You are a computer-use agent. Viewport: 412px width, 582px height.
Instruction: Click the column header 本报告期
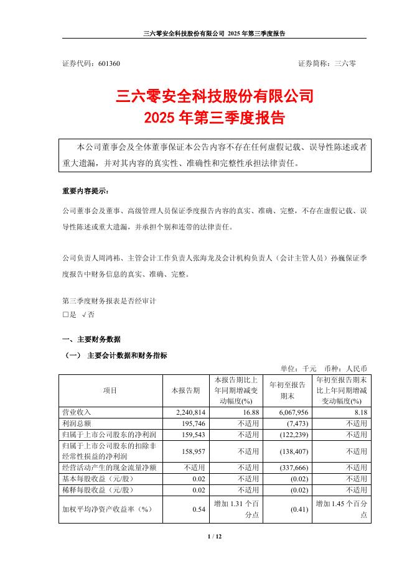[185, 390]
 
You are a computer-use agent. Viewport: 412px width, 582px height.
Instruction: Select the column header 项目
[110, 390]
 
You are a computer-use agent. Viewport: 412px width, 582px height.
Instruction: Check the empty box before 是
[66, 315]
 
